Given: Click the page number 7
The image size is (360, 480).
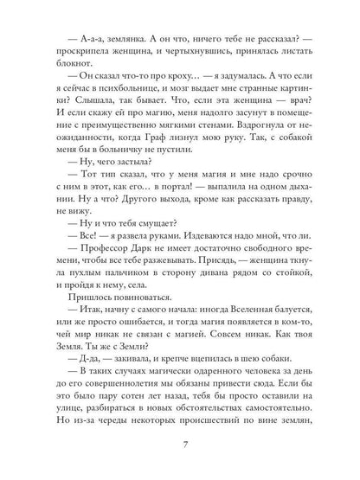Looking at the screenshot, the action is pyautogui.click(x=180, y=445).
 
